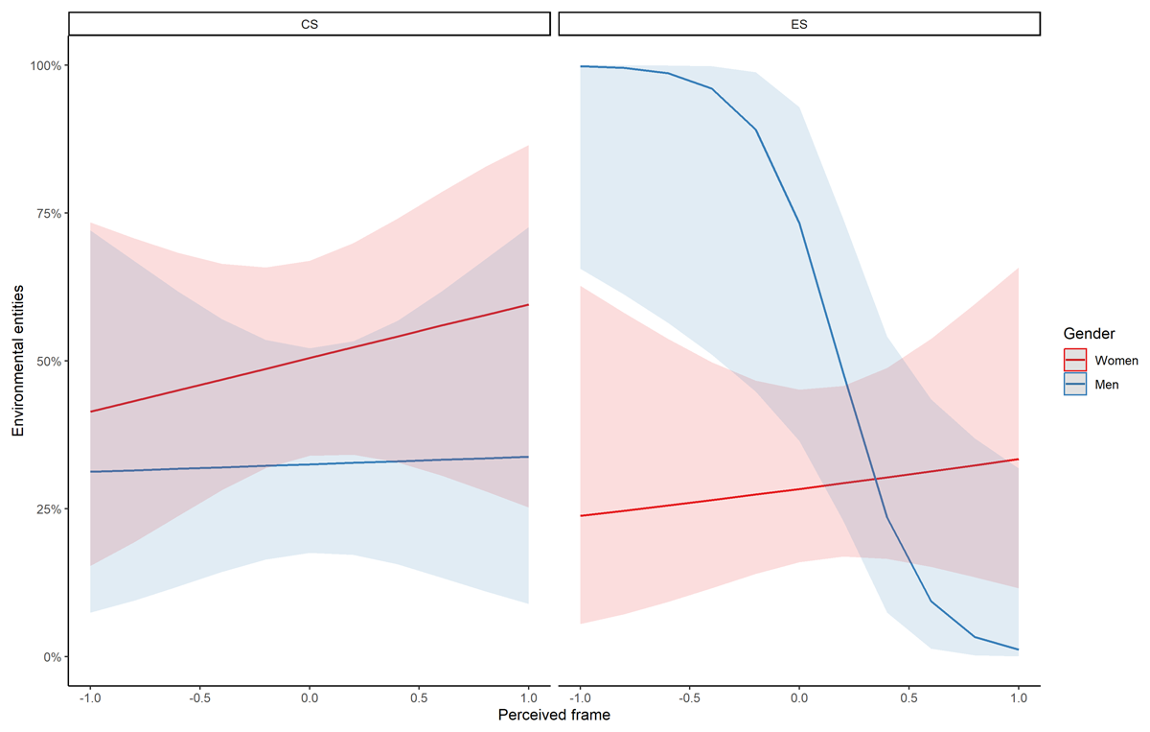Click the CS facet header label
click(309, 25)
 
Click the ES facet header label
click(798, 25)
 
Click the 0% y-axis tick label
click(53, 657)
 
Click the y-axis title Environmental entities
click(18, 362)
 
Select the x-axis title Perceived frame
click(554, 715)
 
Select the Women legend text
click(1116, 361)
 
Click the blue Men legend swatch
click(1075, 384)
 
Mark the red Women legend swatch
click(1075, 361)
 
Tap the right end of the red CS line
click(528, 305)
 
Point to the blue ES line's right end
click(1017, 649)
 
